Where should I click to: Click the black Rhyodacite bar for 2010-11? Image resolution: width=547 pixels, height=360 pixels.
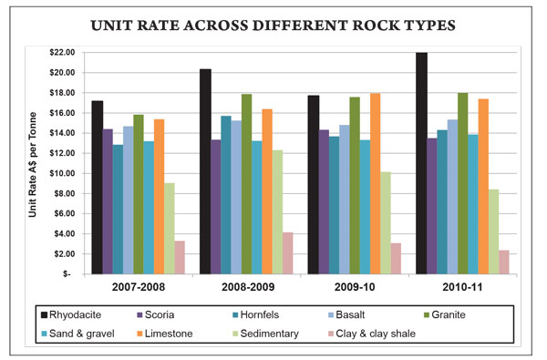tap(421, 163)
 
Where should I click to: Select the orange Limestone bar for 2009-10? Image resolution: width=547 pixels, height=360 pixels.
tap(376, 184)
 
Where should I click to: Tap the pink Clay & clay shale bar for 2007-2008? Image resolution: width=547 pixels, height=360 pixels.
tap(180, 257)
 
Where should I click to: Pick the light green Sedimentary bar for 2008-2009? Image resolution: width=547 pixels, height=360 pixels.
tap(277, 212)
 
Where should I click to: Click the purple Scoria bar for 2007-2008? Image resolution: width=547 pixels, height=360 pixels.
tap(108, 201)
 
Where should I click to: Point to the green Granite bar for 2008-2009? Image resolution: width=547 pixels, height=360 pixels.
tap(247, 184)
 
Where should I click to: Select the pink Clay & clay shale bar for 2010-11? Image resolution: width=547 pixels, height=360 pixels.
tap(504, 262)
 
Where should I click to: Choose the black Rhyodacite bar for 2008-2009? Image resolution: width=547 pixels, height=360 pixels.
tap(205, 171)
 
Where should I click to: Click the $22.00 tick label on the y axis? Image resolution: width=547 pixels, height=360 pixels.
tap(62, 53)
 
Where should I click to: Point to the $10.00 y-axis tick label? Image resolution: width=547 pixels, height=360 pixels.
tap(62, 173)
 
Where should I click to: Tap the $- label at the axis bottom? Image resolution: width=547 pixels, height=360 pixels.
tap(67, 274)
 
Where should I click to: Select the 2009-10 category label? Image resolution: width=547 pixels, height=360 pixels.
tap(355, 287)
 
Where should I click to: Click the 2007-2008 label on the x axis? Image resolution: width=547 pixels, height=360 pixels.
tap(139, 287)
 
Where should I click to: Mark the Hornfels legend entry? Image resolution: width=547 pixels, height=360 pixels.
tap(255, 315)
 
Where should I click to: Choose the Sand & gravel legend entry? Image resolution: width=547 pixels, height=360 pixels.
tap(77, 334)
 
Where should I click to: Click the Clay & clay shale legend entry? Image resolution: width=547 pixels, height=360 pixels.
tap(372, 334)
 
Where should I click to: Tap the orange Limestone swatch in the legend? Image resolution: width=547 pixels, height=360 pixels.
tap(139, 334)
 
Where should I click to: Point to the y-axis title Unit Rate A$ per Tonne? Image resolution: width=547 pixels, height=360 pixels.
tap(33, 164)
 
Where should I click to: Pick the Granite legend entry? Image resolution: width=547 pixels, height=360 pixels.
tap(445, 315)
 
